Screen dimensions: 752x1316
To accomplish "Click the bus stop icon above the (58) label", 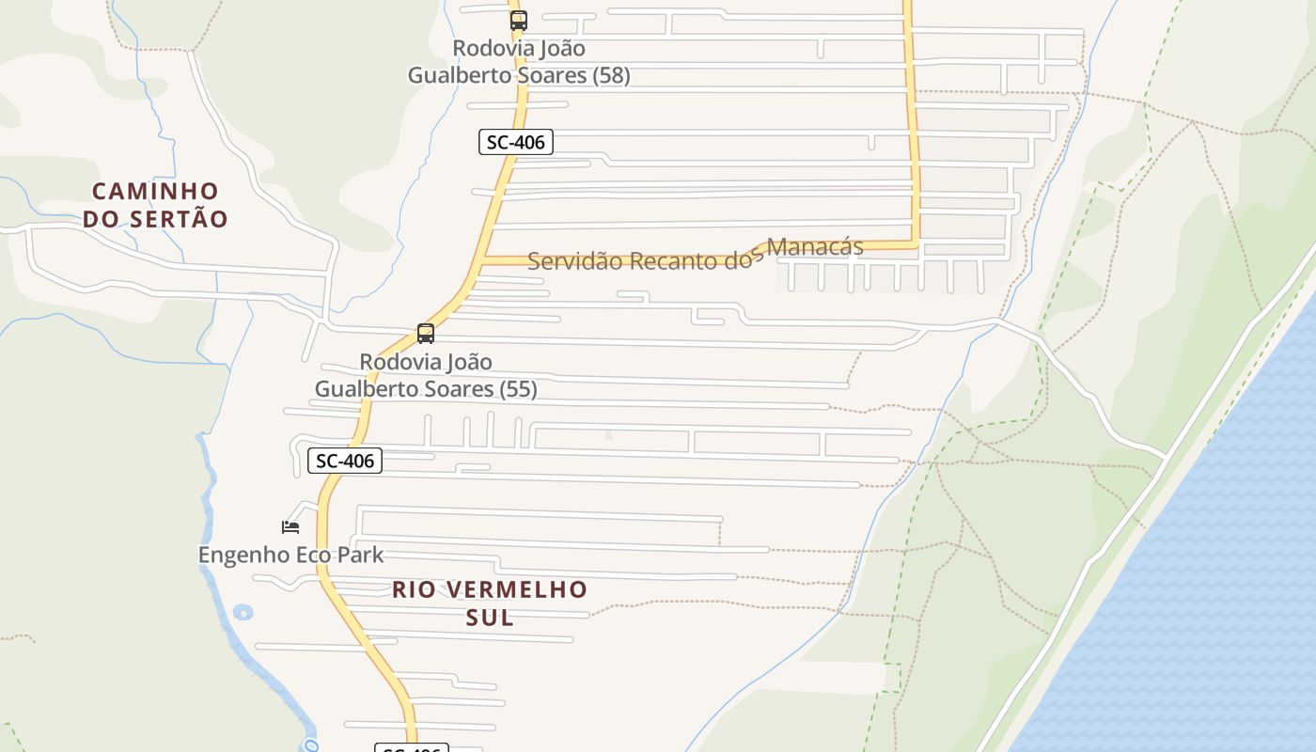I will tap(519, 20).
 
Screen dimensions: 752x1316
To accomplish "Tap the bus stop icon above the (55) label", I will tap(426, 334).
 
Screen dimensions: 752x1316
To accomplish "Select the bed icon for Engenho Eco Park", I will tap(290, 527).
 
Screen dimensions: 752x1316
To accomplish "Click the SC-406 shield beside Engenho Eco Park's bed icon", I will tap(345, 461).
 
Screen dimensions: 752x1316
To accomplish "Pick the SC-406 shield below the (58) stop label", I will tap(515, 142).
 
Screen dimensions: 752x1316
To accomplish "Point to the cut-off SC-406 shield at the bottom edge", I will tap(412, 747).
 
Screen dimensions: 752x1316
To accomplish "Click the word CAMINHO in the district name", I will tap(155, 192).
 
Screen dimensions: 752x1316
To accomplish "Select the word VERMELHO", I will tap(515, 590).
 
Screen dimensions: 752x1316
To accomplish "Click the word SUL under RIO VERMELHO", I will tap(490, 618).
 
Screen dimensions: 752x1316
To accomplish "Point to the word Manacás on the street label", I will tap(814, 247).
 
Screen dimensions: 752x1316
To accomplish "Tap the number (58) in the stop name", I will tap(611, 75).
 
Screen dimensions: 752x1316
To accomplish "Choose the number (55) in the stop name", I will tap(518, 389).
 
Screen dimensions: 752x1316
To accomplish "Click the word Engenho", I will tap(243, 555).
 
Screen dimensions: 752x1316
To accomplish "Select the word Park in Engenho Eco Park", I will tap(362, 555).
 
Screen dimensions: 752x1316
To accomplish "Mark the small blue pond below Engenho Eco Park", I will tap(243, 612).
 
